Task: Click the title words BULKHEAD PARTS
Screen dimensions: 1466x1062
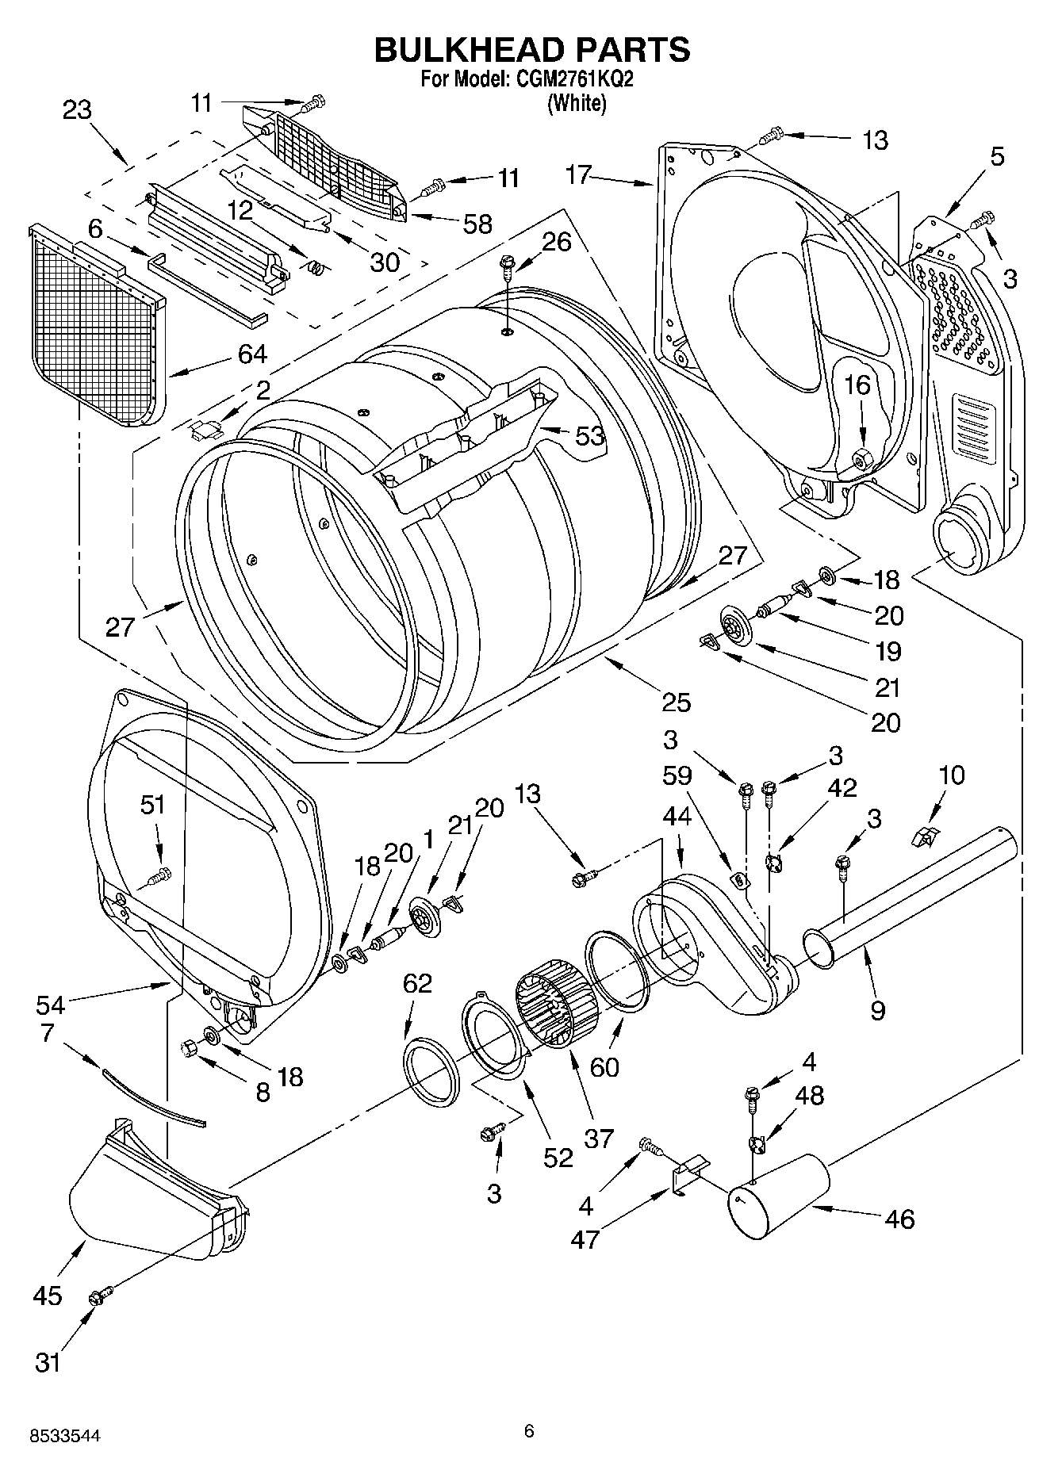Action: point(531,49)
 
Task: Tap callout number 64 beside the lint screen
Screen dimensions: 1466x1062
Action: point(252,354)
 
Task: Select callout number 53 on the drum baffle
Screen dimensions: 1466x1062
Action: point(589,435)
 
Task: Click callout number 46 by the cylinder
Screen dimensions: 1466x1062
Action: point(899,1219)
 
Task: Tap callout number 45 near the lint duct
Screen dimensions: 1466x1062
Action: point(48,1296)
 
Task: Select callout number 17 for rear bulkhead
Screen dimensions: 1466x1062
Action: point(579,174)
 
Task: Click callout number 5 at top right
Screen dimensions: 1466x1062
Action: point(996,156)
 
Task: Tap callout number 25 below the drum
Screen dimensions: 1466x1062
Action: point(677,702)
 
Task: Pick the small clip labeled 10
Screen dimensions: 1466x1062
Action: point(924,835)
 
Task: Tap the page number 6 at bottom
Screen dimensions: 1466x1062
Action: point(530,1430)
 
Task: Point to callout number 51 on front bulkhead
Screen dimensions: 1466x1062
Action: point(153,805)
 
